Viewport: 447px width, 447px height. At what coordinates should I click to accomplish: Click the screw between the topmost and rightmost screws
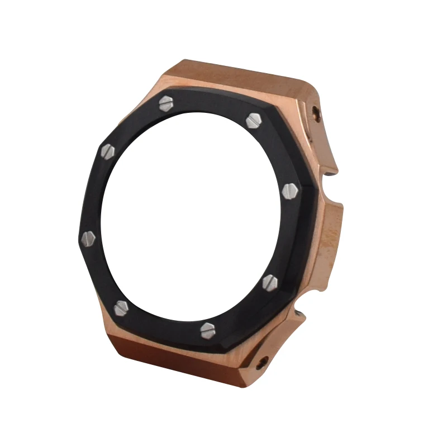click(x=253, y=120)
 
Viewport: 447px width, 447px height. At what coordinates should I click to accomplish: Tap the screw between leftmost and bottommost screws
click(x=121, y=307)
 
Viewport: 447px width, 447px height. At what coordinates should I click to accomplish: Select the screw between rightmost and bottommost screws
click(x=270, y=281)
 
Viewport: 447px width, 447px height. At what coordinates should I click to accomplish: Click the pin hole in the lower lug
click(x=261, y=363)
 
